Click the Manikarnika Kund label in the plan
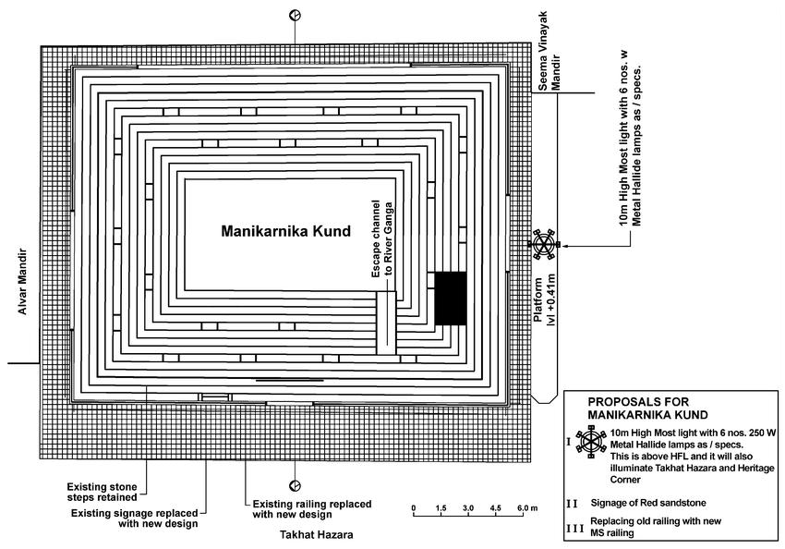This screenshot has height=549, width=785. tap(286, 232)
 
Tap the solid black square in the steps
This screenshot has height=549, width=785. tap(451, 298)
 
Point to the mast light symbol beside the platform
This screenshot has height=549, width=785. tap(544, 244)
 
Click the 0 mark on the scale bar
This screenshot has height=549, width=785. tap(414, 508)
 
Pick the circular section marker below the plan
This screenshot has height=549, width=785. tap(295, 485)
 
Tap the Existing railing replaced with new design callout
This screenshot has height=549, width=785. tap(312, 509)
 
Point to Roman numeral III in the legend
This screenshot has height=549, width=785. tap(575, 527)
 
